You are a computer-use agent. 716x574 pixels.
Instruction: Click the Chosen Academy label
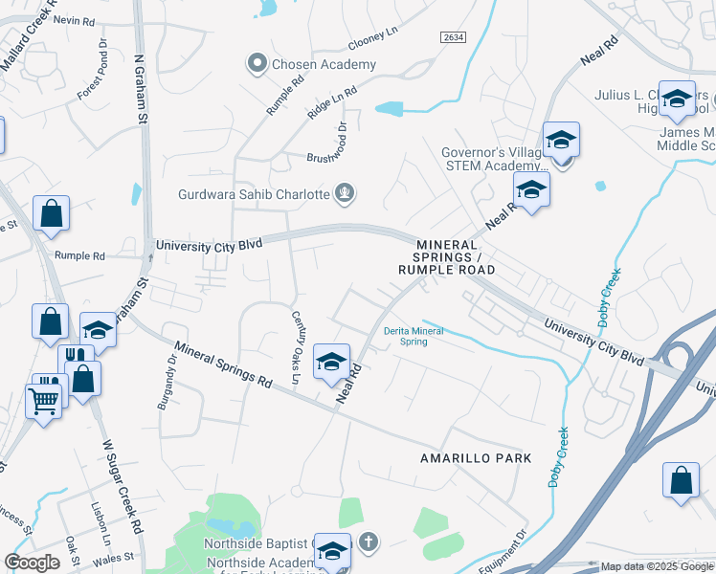[324, 65]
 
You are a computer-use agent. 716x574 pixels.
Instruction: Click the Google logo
[32, 563]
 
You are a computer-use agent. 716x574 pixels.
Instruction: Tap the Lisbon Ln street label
[99, 526]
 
